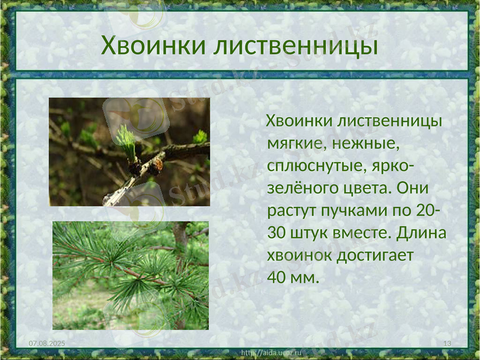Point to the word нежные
click(x=370, y=143)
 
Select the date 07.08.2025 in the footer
click(x=47, y=342)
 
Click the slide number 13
click(x=446, y=342)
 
